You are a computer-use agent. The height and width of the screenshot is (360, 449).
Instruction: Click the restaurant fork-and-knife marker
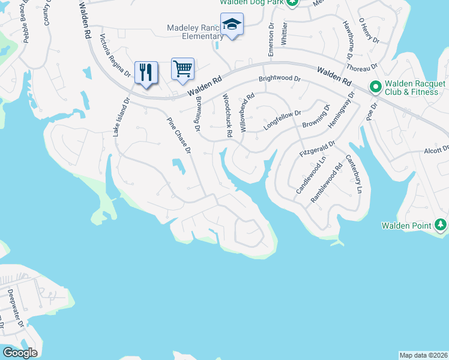click(x=146, y=73)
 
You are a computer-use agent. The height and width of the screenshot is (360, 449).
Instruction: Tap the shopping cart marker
click(x=182, y=69)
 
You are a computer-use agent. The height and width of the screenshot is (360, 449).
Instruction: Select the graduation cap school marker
click(x=232, y=25)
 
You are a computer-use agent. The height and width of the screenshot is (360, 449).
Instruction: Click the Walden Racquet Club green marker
click(x=376, y=88)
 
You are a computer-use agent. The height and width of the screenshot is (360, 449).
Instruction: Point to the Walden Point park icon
click(x=441, y=225)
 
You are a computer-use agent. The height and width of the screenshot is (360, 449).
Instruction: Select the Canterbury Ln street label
click(x=354, y=174)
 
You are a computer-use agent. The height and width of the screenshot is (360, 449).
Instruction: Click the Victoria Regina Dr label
click(x=115, y=56)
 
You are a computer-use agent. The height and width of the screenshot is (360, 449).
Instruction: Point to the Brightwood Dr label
click(x=279, y=79)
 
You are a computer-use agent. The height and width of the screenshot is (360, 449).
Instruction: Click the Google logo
click(x=20, y=353)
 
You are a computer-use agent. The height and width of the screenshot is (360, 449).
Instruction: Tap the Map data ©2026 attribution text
click(x=423, y=355)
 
